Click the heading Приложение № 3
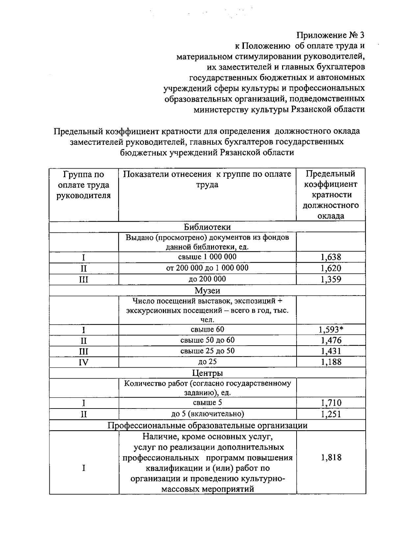pyautogui.click(x=331, y=35)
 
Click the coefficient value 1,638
pyautogui.click(x=331, y=257)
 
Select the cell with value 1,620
pyautogui.click(x=331, y=268)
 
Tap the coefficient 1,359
pyautogui.click(x=331, y=279)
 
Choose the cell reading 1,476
pyautogui.click(x=331, y=340)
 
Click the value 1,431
pyautogui.click(x=331, y=351)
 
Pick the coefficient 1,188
pyautogui.click(x=331, y=362)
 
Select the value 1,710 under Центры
pyautogui.click(x=331, y=403)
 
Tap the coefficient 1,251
pyautogui.click(x=331, y=414)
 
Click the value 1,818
pyautogui.click(x=331, y=458)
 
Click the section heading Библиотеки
pyautogui.click(x=207, y=227)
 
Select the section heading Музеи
pyautogui.click(x=207, y=290)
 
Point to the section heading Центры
pyautogui.click(x=207, y=373)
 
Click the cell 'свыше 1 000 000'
pyautogui.click(x=207, y=257)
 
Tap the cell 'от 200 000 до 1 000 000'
pyautogui.click(x=207, y=268)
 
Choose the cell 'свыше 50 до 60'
pyautogui.click(x=207, y=340)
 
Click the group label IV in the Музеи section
pyautogui.click(x=84, y=362)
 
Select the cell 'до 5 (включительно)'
pyautogui.click(x=207, y=414)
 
